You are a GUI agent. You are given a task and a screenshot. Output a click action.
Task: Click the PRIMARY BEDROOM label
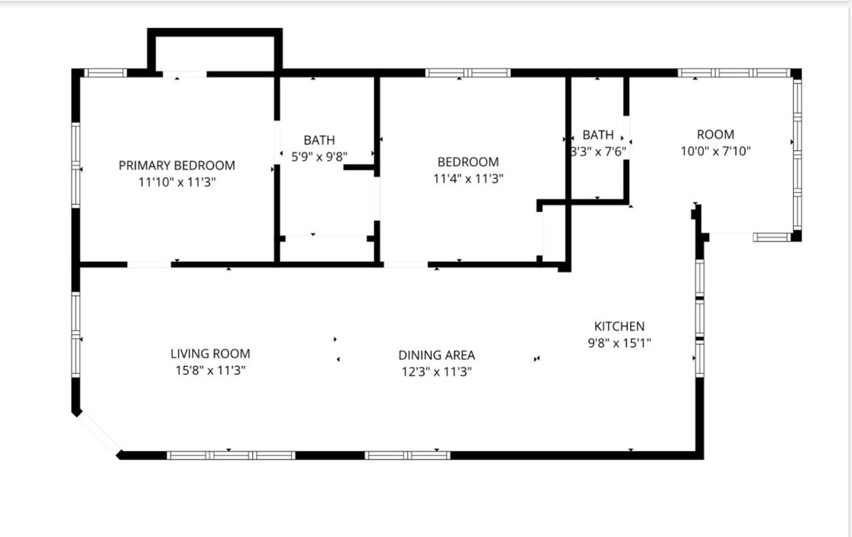click(176, 165)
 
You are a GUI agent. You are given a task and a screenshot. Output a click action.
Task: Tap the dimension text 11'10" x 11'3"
click(176, 181)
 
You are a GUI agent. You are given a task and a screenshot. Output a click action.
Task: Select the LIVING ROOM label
click(210, 354)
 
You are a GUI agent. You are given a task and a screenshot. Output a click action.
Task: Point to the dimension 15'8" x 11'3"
click(210, 371)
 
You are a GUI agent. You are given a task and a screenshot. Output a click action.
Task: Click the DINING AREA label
click(437, 355)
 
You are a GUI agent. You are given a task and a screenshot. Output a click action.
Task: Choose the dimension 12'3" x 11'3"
click(437, 372)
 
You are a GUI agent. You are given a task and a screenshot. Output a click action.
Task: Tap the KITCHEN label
click(619, 326)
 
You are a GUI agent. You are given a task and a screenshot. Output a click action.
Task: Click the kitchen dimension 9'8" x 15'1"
click(619, 343)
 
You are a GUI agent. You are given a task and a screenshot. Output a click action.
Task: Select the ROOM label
click(716, 134)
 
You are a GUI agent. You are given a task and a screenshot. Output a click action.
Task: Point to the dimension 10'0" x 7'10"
click(716, 151)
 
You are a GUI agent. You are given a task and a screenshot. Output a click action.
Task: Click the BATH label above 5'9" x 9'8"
click(319, 140)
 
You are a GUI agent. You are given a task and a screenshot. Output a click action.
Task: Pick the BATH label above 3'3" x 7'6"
click(598, 135)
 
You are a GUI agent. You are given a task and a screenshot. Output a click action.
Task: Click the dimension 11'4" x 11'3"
click(468, 178)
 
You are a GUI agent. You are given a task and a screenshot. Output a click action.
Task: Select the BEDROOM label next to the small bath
click(468, 162)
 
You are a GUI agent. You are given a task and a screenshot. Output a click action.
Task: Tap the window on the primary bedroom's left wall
click(76, 164)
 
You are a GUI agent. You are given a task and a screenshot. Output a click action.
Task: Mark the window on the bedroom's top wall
click(468, 73)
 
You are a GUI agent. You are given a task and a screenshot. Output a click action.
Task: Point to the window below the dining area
click(407, 455)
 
